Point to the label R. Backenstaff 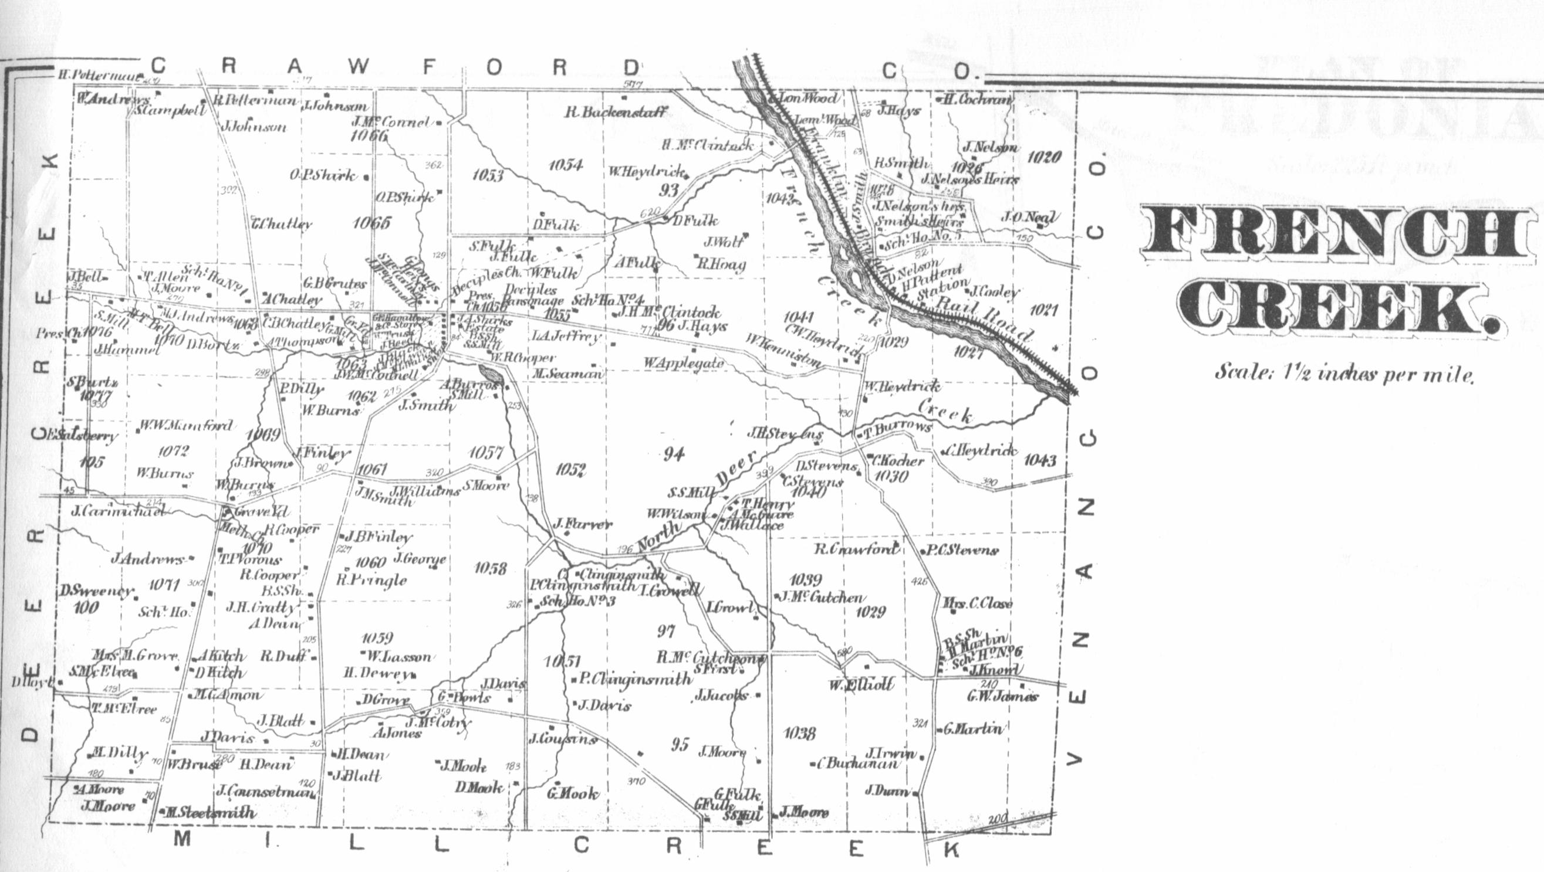point(616,112)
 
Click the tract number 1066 point(369,136)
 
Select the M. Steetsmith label point(210,813)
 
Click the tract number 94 point(673,454)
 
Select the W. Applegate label point(684,363)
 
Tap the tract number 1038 point(799,732)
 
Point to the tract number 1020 point(1044,158)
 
